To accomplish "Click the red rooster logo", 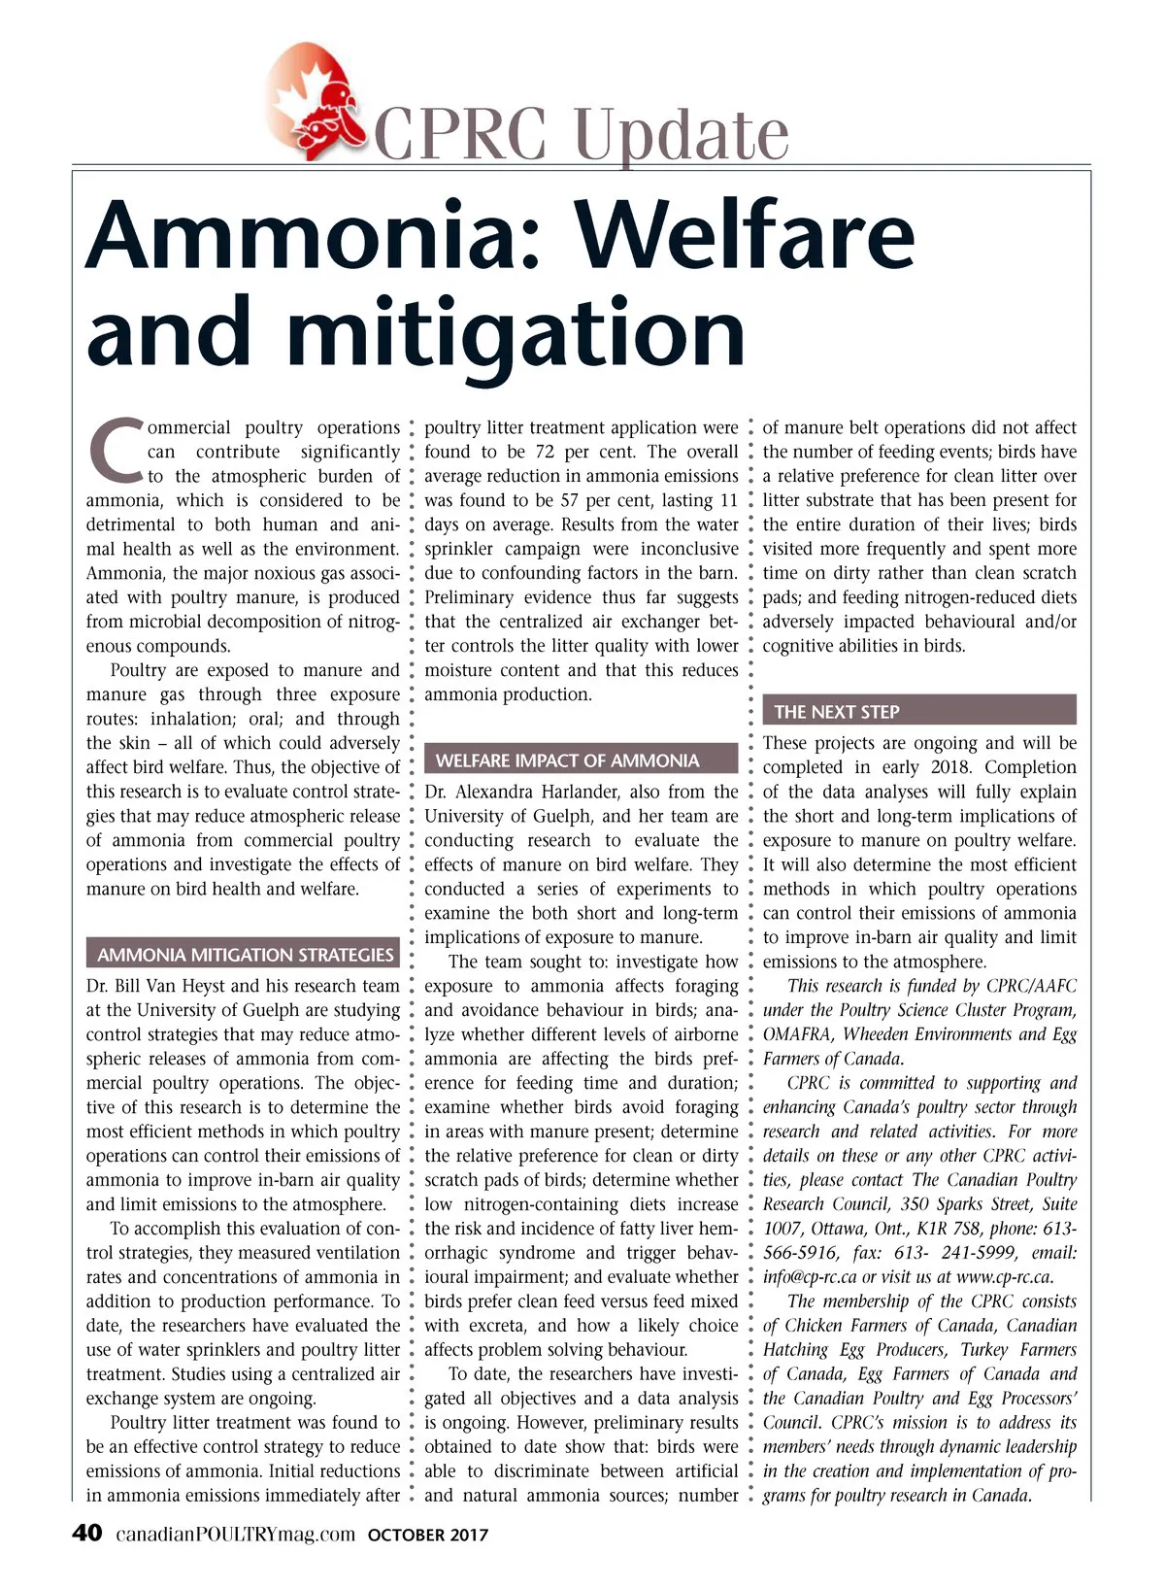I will pos(312,97).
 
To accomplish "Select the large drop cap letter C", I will pos(116,451).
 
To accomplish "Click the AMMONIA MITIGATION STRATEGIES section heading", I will pos(245,955).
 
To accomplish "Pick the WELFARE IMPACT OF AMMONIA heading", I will pos(567,760).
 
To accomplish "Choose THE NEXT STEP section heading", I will pos(837,712).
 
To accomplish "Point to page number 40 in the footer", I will pos(87,1534).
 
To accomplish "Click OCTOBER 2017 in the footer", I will pos(428,1536).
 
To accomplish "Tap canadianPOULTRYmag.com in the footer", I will pos(236,1535).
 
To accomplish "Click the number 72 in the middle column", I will pos(546,452).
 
